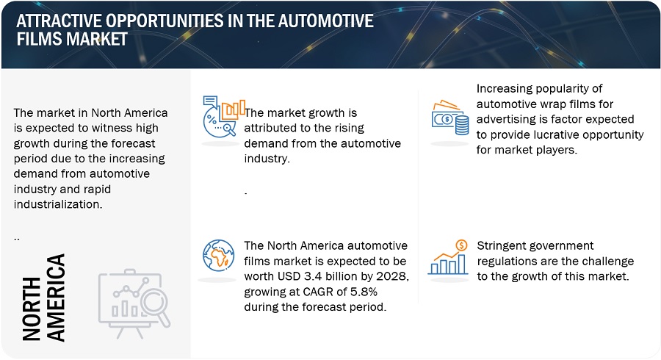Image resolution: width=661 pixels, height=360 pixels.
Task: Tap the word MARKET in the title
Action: (96, 39)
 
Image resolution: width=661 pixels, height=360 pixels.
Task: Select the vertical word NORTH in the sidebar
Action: (32, 309)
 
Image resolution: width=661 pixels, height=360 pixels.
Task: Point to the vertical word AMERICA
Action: (56, 298)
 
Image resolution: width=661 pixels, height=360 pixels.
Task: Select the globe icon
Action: (218, 256)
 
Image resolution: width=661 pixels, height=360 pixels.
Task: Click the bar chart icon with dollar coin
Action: (448, 257)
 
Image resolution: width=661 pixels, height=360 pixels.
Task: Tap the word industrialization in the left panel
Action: (58, 204)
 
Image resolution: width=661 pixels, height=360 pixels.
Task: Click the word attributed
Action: (265, 128)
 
